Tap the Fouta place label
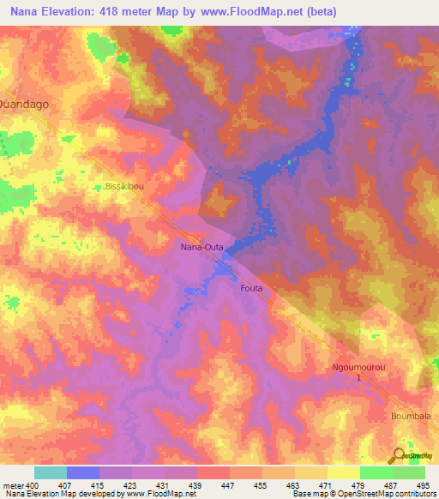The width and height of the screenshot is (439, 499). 251,288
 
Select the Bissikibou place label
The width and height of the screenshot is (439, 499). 123,184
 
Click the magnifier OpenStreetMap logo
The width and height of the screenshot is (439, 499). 399,454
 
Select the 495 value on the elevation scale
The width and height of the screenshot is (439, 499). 424,485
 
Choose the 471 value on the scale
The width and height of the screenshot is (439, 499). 327,485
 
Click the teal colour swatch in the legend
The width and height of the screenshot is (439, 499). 51,472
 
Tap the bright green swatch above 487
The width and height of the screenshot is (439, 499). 376,472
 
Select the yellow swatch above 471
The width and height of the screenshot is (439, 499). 310,472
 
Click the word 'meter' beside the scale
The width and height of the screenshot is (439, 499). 13,485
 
